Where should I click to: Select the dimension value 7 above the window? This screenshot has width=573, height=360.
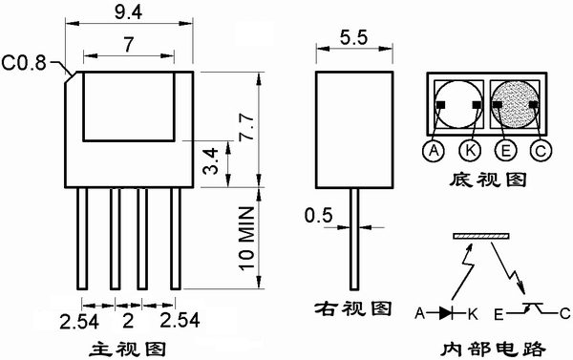[x=128, y=45]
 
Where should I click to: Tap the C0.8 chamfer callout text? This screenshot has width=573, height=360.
[x=24, y=62]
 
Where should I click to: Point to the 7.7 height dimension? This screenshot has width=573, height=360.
[x=246, y=127]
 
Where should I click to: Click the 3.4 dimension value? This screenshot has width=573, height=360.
[x=211, y=161]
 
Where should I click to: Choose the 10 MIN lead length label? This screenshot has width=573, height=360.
[x=246, y=239]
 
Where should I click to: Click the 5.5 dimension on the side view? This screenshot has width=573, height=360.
[x=353, y=37]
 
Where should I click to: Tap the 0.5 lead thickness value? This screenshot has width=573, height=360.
[x=319, y=215]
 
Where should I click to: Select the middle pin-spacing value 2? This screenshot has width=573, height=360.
[x=128, y=321]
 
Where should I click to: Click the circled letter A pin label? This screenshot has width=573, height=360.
[x=434, y=150]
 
